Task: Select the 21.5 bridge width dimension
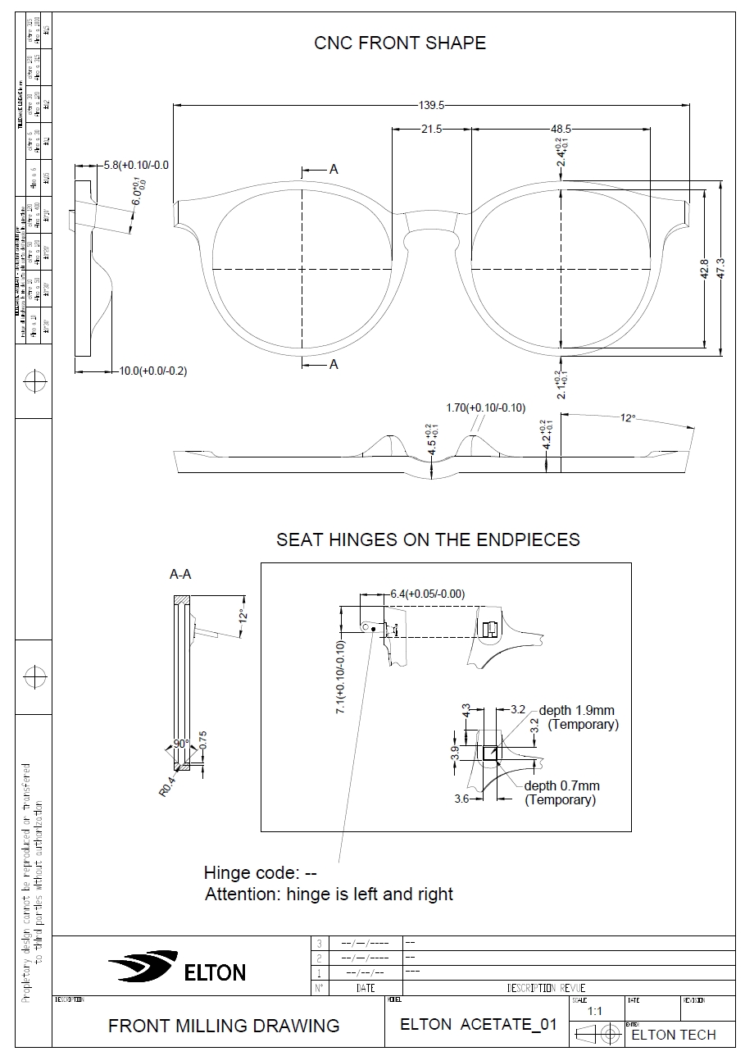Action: (431, 129)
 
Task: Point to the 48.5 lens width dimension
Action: (561, 129)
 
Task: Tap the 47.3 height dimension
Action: (720, 269)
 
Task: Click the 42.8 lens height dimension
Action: (705, 269)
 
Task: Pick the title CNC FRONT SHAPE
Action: (400, 43)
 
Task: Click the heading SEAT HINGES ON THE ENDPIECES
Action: (428, 539)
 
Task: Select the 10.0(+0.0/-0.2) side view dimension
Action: (153, 371)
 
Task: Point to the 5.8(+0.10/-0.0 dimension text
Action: (136, 166)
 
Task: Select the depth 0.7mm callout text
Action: (562, 785)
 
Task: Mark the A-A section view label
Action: (180, 575)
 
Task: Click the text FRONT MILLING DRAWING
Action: (224, 1025)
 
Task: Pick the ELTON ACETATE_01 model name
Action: (478, 1024)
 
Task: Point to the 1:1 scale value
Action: (594, 1012)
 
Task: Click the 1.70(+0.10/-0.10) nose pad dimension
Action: (486, 407)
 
